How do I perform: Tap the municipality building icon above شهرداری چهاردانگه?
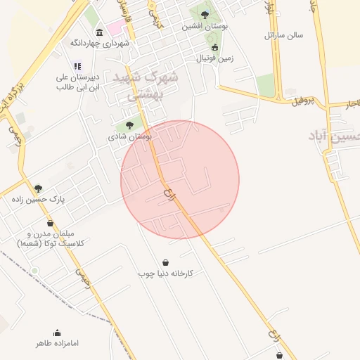[98, 33]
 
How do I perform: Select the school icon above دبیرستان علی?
[77, 66]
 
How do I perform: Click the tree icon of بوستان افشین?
[205, 14]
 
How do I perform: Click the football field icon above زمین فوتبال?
[214, 48]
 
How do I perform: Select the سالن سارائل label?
[283, 34]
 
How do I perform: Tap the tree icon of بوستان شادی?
[128, 125]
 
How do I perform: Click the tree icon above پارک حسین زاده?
[38, 188]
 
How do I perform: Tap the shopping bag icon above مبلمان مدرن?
[50, 224]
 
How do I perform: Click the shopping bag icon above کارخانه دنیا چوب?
[165, 262]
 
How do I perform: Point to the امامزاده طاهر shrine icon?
[57, 333]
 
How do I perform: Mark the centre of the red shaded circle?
[180, 180]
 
